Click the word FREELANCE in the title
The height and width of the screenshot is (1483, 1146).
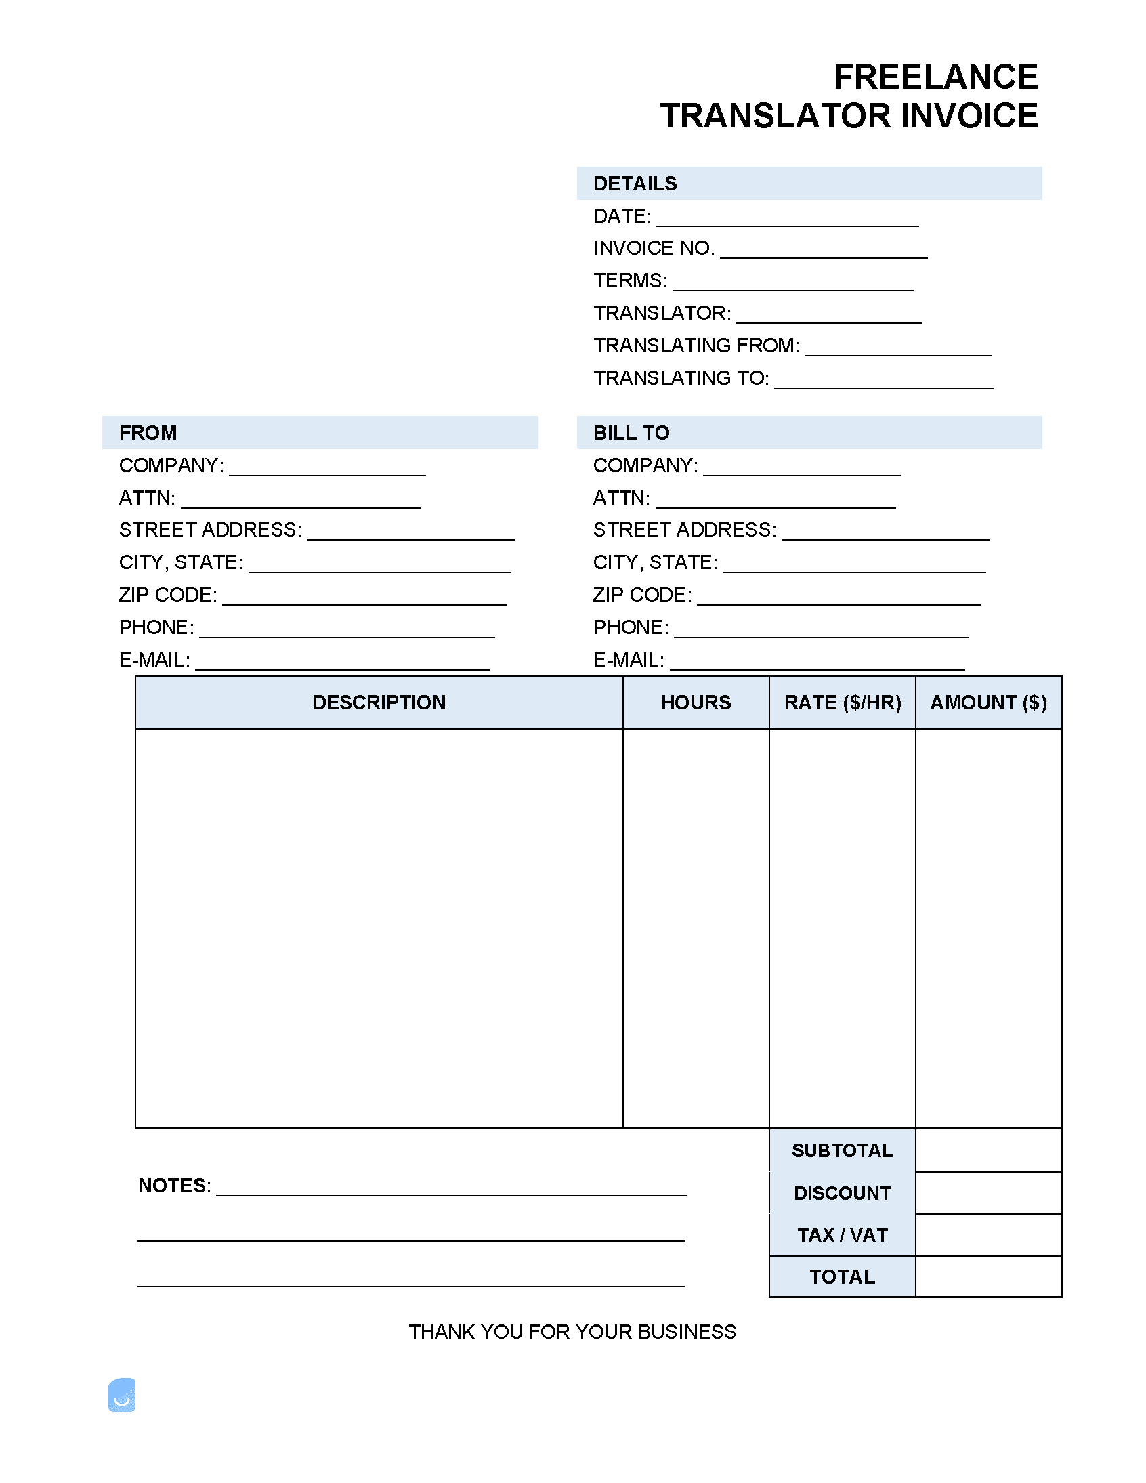[x=935, y=77]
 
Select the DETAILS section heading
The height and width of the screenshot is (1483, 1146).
[x=635, y=184]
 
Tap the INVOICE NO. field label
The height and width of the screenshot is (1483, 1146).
[x=653, y=248]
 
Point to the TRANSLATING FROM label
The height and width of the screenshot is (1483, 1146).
[x=696, y=346]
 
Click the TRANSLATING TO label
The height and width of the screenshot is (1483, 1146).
[x=681, y=377]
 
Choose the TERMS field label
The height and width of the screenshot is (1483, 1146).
[x=630, y=280]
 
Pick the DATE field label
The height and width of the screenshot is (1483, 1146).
[x=622, y=216]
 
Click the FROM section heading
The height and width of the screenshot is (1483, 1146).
[x=148, y=432]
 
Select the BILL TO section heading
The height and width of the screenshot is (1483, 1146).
[x=631, y=432]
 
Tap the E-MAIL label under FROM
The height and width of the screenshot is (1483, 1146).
[x=154, y=660]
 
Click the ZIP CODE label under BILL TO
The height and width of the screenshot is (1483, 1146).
[x=642, y=595]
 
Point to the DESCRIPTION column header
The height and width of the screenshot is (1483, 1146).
[x=379, y=702]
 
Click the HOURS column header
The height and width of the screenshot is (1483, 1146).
[x=696, y=702]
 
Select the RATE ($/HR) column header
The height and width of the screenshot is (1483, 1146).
[x=843, y=702]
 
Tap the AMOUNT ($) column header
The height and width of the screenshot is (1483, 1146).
[x=988, y=702]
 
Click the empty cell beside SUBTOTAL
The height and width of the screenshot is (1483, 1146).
[x=988, y=1150]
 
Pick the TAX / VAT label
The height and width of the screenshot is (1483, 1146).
[x=843, y=1235]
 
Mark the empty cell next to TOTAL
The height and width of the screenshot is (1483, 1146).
[x=988, y=1276]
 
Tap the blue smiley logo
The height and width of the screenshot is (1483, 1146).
[x=122, y=1395]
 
